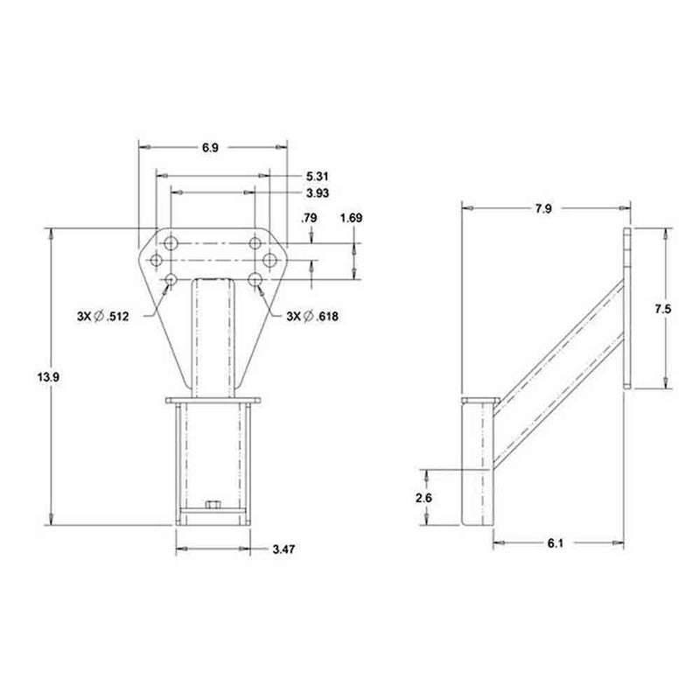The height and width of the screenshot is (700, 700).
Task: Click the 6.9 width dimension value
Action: click(x=210, y=149)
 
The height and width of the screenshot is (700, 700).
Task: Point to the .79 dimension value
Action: click(x=309, y=218)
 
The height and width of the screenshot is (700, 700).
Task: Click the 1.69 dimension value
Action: click(x=351, y=218)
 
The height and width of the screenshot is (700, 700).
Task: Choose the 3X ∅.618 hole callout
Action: click(x=312, y=317)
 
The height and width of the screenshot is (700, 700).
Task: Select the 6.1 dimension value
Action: click(x=554, y=543)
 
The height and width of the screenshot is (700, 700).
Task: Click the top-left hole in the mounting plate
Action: click(x=171, y=241)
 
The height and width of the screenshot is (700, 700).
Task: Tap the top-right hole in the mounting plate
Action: click(x=255, y=241)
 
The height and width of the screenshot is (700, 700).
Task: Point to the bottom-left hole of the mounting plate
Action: click(x=171, y=279)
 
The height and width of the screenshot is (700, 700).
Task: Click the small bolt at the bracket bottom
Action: click(x=212, y=505)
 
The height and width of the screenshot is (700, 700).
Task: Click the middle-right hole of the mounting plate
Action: click(x=269, y=260)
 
